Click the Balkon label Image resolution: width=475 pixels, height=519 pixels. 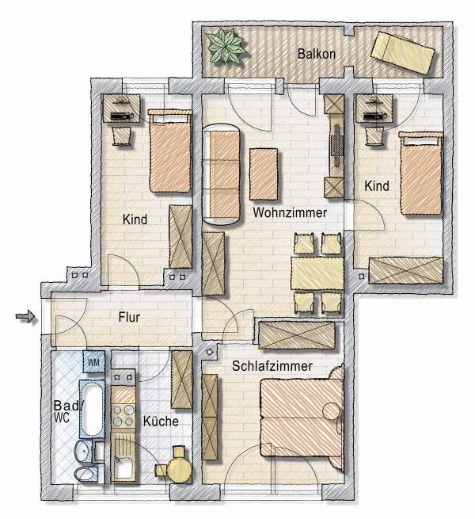[x=316, y=54]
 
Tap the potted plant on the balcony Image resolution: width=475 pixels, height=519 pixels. [x=227, y=46]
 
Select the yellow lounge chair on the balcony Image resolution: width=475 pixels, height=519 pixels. [x=403, y=52]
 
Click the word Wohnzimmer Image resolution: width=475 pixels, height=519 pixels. [x=290, y=212]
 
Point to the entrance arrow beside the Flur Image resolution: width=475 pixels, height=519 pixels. [x=25, y=316]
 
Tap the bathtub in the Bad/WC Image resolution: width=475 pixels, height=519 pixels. [x=92, y=409]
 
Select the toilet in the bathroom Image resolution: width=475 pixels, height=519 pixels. [x=86, y=474]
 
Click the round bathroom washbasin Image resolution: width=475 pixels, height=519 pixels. [x=82, y=451]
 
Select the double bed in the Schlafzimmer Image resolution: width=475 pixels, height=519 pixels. [x=301, y=417]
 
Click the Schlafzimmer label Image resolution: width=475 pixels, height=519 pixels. [x=272, y=366]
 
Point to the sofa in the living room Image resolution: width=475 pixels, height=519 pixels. [x=221, y=175]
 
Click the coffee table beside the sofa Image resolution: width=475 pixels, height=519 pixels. [x=264, y=174]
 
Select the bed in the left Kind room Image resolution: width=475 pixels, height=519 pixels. [x=170, y=151]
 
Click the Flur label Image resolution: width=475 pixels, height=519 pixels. [x=129, y=317]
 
